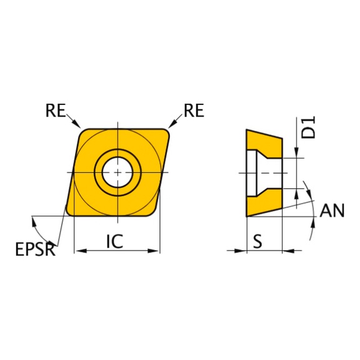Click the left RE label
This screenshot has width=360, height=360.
pyautogui.click(x=54, y=111)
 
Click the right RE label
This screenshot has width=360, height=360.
pyautogui.click(x=194, y=111)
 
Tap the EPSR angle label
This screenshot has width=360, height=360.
pyautogui.click(x=35, y=251)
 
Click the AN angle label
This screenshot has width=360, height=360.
pyautogui.click(x=332, y=211)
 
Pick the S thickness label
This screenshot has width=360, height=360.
pyautogui.click(x=257, y=241)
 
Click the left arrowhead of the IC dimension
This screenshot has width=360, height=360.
pyautogui.click(x=77, y=251)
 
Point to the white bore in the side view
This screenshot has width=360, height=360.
pyautogui.click(x=254, y=172)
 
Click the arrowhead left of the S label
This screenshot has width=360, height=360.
pyautogui.click(x=239, y=251)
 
